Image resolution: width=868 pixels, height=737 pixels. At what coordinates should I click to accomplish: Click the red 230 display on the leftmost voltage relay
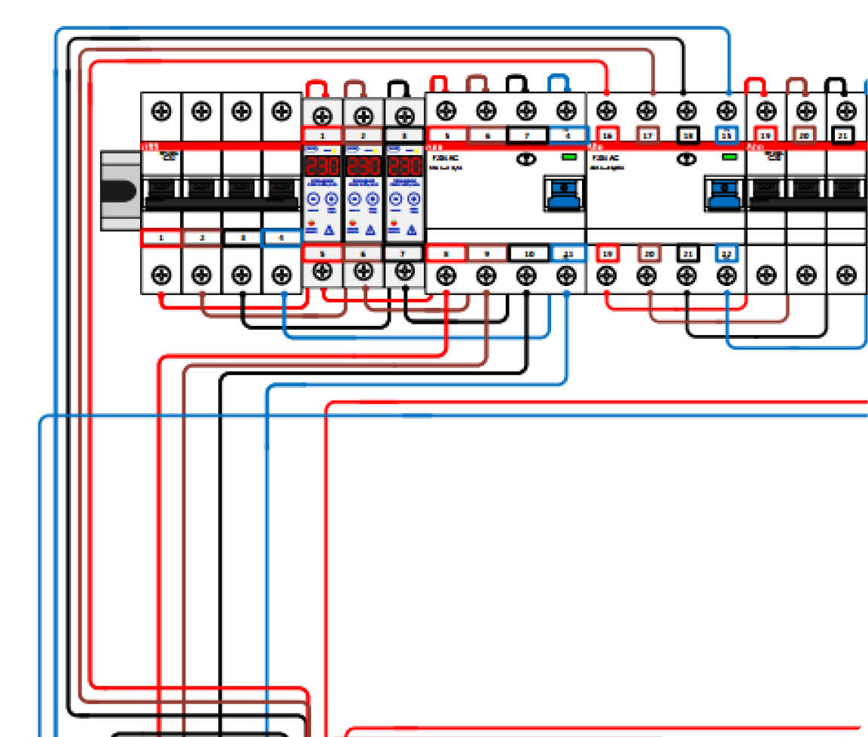pos(322,166)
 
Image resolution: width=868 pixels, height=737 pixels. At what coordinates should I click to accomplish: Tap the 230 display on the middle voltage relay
pos(364,166)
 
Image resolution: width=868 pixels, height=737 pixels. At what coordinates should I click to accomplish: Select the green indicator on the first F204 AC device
pos(569,157)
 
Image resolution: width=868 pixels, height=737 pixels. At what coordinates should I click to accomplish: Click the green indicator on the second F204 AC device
pos(728,157)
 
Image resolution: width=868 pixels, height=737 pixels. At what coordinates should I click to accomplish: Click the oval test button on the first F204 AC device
pos(526,159)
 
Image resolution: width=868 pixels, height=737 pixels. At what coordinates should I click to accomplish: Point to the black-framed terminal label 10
pos(528,254)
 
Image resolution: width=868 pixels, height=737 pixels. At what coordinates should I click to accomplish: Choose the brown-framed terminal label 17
pos(647,136)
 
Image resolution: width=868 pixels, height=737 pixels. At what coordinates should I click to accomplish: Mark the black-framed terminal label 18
pos(687,136)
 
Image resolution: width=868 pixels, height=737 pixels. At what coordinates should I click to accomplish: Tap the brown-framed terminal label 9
pos(487,254)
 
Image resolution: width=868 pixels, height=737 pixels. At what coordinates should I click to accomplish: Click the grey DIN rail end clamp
pos(120,190)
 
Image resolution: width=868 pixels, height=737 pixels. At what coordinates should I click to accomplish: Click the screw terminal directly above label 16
pos(605,111)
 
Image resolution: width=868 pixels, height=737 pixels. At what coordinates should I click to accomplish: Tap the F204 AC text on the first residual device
pos(440,158)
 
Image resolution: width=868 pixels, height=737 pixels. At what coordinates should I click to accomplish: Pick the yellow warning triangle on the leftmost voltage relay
pos(329,230)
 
